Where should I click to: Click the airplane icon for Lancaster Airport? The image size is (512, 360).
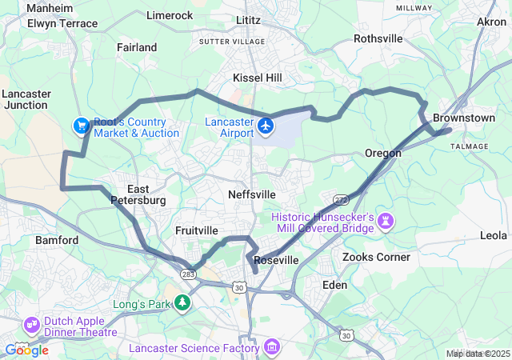pyautogui.click(x=266, y=126)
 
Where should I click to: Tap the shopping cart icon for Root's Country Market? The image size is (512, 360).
pyautogui.click(x=81, y=126)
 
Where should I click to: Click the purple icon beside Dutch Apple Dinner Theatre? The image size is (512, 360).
pyautogui.click(x=33, y=325)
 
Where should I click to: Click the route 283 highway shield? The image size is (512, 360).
pyautogui.click(x=188, y=274)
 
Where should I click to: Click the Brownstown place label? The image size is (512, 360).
pyautogui.click(x=463, y=118)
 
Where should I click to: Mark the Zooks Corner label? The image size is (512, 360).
pyautogui.click(x=376, y=257)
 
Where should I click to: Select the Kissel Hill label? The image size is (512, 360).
pyautogui.click(x=257, y=78)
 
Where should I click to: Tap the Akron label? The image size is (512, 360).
pyautogui.click(x=491, y=22)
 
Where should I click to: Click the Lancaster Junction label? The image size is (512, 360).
pyautogui.click(x=26, y=99)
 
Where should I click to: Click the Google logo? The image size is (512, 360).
pyautogui.click(x=26, y=350)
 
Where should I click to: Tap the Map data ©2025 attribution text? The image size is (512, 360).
pyautogui.click(x=477, y=354)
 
